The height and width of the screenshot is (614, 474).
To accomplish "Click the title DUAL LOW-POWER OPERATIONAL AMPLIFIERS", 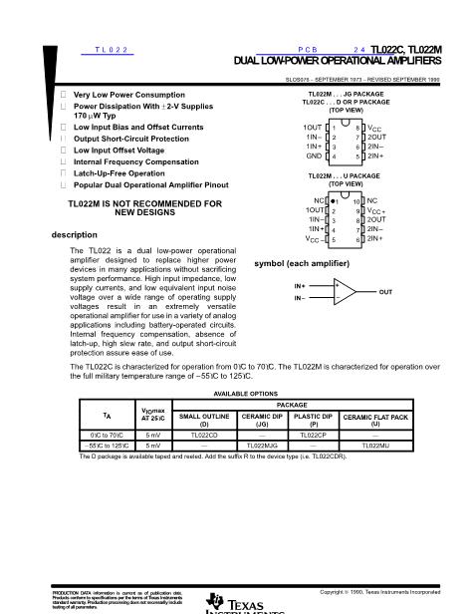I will point(340,62).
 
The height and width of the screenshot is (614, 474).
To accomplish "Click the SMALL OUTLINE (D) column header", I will point(203,420).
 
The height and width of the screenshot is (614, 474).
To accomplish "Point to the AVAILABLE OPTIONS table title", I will point(240,395).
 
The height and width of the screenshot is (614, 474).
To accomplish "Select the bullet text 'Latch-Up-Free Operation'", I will point(117,172).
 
